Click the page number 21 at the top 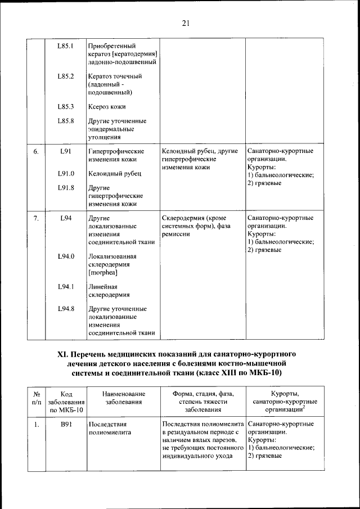coord(185,23)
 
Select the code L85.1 coord(66,46)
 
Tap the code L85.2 coord(66,76)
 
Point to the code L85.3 coord(66,106)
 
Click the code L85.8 coord(66,121)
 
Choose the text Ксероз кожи coord(107,106)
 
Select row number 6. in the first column coord(35,152)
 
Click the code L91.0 coord(66,174)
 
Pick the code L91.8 coord(66,188)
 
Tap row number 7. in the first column coord(35,218)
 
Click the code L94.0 coord(66,256)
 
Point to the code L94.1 coord(66,287)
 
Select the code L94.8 coord(66,309)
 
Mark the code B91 coord(66,425)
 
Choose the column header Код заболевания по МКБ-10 coord(66,402)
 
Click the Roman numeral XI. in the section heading coord(63,355)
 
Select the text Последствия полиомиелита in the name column coord(110,429)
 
